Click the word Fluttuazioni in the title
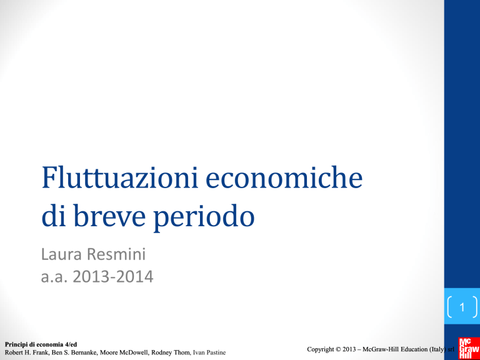120,177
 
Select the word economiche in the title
284,177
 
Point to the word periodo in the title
203,217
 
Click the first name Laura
61,255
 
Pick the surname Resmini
117,255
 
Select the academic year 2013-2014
113,277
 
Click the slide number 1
462,307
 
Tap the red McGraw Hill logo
469,348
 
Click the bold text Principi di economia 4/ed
41,345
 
